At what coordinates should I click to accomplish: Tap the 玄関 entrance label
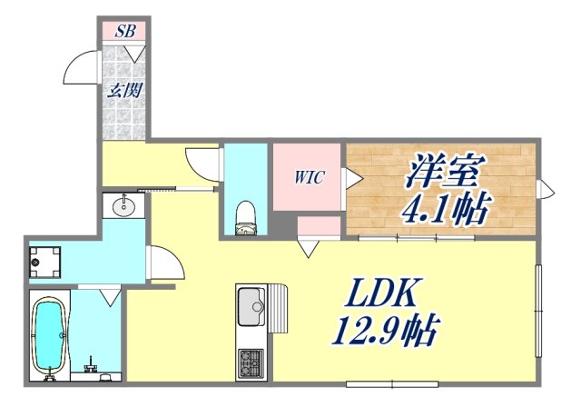coord(124,91)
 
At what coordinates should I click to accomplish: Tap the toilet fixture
coord(245,216)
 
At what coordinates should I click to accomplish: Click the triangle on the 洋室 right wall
coord(547,189)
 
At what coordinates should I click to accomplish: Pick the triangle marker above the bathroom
coord(110,295)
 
